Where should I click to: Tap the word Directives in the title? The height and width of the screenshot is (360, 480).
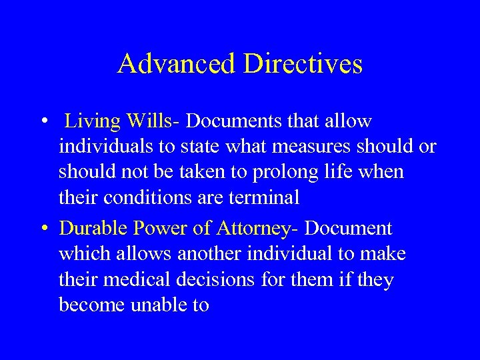pyautogui.click(x=303, y=64)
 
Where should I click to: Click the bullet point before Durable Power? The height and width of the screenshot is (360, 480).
pyautogui.click(x=42, y=229)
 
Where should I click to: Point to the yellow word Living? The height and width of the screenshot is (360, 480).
pyautogui.click(x=92, y=122)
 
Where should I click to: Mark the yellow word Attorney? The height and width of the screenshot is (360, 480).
pyautogui.click(x=253, y=229)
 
